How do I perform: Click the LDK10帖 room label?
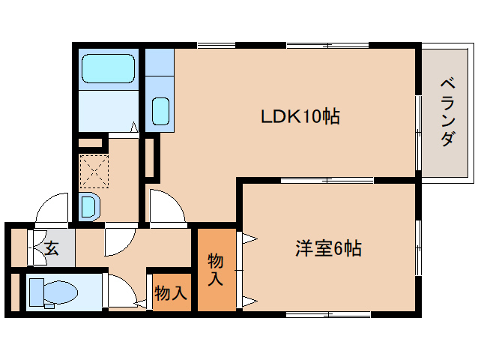pos(300,117)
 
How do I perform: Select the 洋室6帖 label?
pos(328,248)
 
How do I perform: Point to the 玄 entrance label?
pos(51,248)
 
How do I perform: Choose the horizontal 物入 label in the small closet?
pos(171,293)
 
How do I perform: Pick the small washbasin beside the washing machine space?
pos(88,205)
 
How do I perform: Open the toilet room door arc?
pos(118,289)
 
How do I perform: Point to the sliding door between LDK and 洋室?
pos(327,180)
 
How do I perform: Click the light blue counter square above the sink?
pos(159,61)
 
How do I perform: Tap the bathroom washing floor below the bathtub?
pos(108,111)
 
